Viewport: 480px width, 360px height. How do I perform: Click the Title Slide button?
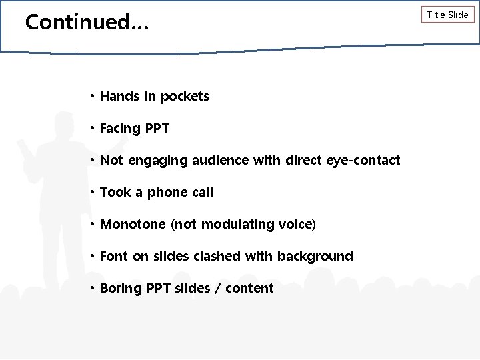click(447, 15)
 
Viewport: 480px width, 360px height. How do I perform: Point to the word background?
click(317, 257)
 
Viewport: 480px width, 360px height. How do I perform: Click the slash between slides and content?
click(218, 289)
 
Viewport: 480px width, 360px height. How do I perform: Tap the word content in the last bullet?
click(250, 289)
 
